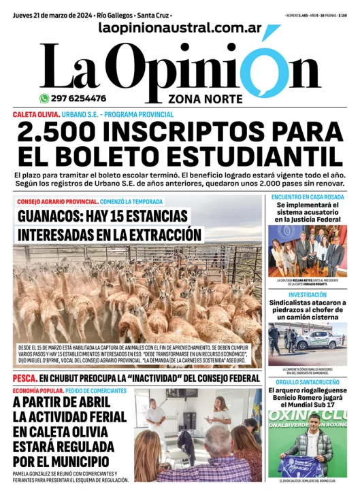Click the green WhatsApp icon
coord(44,98)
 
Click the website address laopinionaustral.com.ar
coord(180,28)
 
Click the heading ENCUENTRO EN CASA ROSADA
coord(307,197)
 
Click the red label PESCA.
coord(23,378)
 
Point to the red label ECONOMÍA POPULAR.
coord(38,391)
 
